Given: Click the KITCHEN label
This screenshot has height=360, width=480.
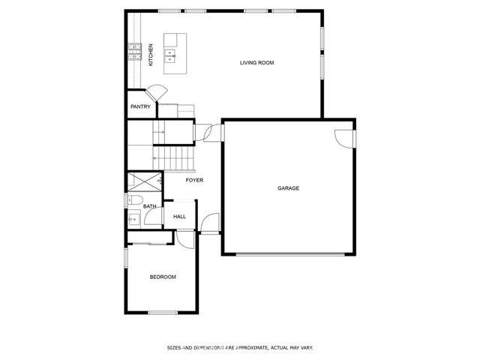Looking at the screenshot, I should click(151, 55).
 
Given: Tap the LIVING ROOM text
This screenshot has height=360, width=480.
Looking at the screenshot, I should click(256, 63).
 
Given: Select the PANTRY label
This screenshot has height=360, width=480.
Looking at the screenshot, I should click(140, 107).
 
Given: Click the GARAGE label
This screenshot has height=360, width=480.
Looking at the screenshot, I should click(288, 188).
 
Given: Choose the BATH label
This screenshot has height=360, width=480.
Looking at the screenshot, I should click(150, 206).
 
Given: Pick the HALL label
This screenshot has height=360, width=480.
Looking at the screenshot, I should click(180, 217).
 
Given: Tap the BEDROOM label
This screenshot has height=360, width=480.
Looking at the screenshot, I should click(163, 277).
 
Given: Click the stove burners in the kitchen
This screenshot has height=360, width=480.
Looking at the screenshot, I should click(135, 51).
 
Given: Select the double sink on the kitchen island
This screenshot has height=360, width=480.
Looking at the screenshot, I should click(171, 54).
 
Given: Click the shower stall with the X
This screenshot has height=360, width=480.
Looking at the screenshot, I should click(143, 182).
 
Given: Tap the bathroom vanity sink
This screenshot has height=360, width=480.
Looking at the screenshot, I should click(133, 219).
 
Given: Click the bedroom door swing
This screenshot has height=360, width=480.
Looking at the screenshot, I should click(183, 237).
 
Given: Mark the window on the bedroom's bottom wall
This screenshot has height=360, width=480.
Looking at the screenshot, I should click(163, 312).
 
